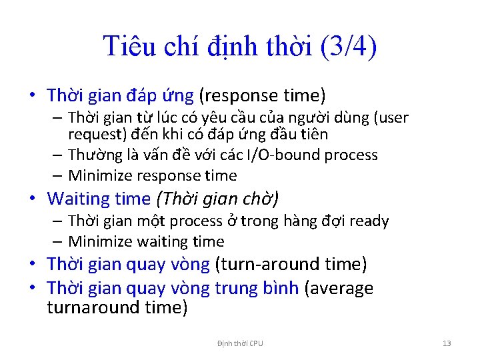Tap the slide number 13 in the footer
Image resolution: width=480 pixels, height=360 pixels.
(x=447, y=343)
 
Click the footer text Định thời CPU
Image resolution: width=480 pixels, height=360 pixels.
(x=240, y=343)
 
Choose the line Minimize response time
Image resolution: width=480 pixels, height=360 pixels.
(x=152, y=175)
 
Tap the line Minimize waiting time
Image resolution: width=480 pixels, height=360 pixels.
(x=146, y=241)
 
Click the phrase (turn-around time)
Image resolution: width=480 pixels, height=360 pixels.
(x=291, y=264)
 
